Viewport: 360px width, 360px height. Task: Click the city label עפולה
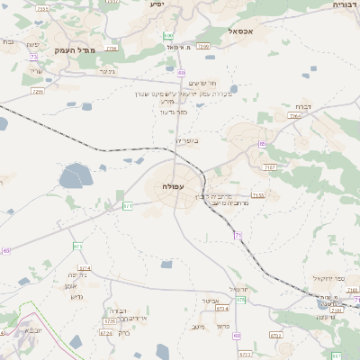click(174, 186)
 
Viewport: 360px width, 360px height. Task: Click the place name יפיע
click(157, 4)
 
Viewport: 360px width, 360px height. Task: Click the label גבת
click(7, 42)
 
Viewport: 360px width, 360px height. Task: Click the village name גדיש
click(76, 297)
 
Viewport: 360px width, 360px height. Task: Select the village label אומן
click(74, 286)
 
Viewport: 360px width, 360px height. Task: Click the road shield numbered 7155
click(258, 194)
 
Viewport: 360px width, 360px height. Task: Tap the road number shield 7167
click(269, 167)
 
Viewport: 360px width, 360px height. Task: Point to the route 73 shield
click(33, 56)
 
